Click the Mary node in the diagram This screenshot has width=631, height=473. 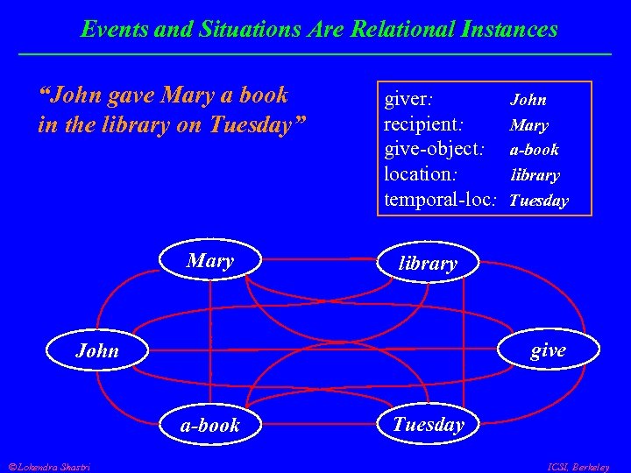click(210, 261)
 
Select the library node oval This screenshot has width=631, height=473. click(428, 263)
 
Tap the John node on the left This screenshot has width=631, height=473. click(96, 350)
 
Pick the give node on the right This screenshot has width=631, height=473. click(549, 350)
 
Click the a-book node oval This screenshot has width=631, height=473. click(210, 426)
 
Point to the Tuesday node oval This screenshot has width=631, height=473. click(428, 425)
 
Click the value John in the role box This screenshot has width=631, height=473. click(528, 100)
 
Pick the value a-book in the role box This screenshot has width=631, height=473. click(535, 150)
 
